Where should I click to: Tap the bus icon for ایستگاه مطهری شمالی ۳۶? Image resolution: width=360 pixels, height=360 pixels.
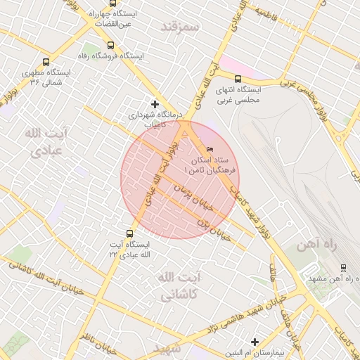coord(46,61)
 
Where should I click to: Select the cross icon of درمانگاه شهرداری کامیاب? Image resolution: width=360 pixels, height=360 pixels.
coord(155,104)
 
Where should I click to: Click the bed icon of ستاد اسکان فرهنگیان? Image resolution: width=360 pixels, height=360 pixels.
coord(209,150)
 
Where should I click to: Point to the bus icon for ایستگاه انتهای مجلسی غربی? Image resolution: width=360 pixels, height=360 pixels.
coord(238,79)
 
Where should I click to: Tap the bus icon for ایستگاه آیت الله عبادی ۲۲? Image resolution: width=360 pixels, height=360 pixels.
coord(129,233)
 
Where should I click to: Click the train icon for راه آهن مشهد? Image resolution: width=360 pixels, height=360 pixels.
coord(342,267)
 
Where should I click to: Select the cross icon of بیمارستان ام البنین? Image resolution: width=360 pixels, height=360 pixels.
coord(255,342)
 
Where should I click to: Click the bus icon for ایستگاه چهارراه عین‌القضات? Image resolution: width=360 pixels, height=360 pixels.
coord(113,4)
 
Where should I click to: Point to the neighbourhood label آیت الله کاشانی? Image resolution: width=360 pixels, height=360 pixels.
coord(179,286)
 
